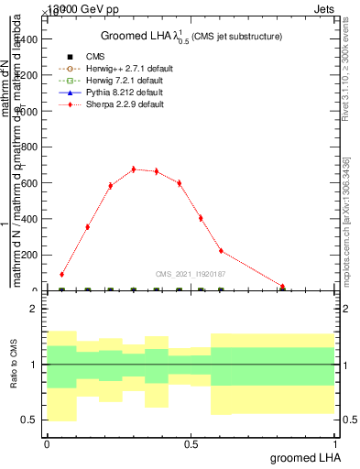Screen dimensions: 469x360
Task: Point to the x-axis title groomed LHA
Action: pos(303,456)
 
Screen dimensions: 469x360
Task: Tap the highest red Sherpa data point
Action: pos(133,169)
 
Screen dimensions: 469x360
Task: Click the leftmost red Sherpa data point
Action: pos(61,274)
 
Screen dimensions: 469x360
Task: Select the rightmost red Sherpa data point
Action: pos(283,287)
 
